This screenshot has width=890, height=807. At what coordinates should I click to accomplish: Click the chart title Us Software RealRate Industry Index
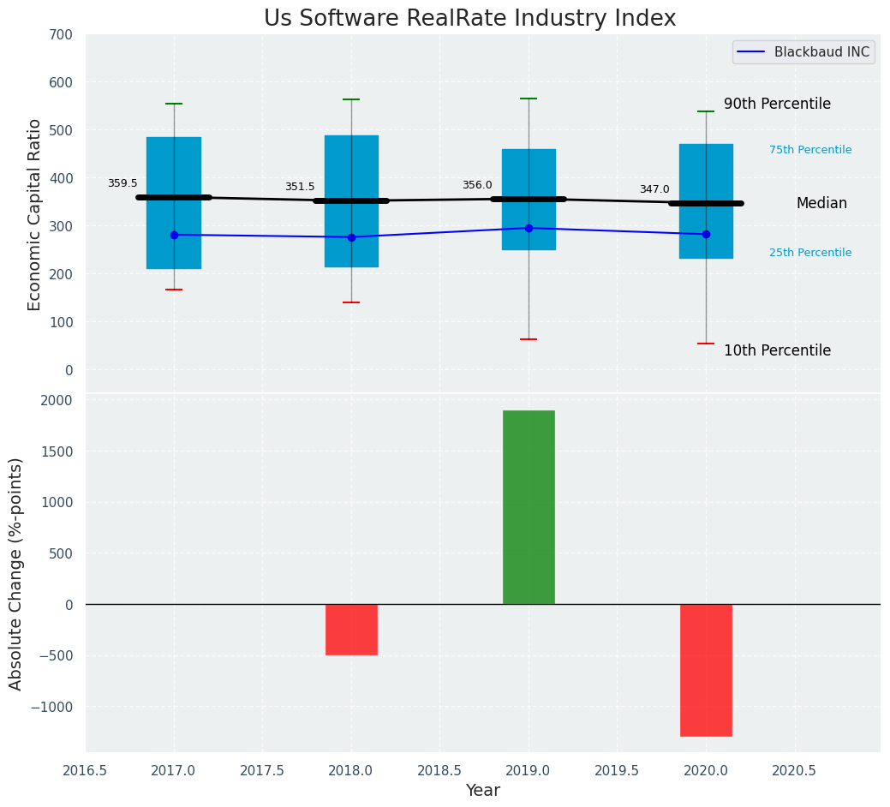point(469,19)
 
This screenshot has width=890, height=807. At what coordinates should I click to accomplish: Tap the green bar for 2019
point(529,507)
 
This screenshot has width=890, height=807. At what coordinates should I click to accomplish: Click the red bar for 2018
point(351,630)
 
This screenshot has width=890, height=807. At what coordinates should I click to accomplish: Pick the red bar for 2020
point(706,670)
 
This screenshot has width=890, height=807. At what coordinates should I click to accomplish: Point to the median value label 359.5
point(122,183)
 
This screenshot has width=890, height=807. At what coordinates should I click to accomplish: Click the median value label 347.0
point(654,189)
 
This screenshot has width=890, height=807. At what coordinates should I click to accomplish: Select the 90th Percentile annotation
point(777,104)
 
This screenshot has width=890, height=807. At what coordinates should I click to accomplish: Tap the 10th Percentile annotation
point(777,350)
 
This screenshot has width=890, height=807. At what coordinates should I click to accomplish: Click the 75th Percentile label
point(810,150)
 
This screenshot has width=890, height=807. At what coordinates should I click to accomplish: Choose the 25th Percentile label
point(810,253)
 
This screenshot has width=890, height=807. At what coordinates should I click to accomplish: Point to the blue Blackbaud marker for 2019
point(529,228)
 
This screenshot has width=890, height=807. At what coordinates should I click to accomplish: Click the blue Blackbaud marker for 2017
point(174,235)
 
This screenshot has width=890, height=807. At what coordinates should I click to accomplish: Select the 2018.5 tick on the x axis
point(439,770)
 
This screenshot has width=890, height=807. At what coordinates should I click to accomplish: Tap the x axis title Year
point(483,791)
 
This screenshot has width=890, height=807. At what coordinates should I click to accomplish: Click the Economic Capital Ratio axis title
point(35,214)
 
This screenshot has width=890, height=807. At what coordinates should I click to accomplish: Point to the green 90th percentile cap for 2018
point(351,99)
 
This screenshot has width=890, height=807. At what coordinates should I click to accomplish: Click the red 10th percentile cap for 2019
point(529,339)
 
